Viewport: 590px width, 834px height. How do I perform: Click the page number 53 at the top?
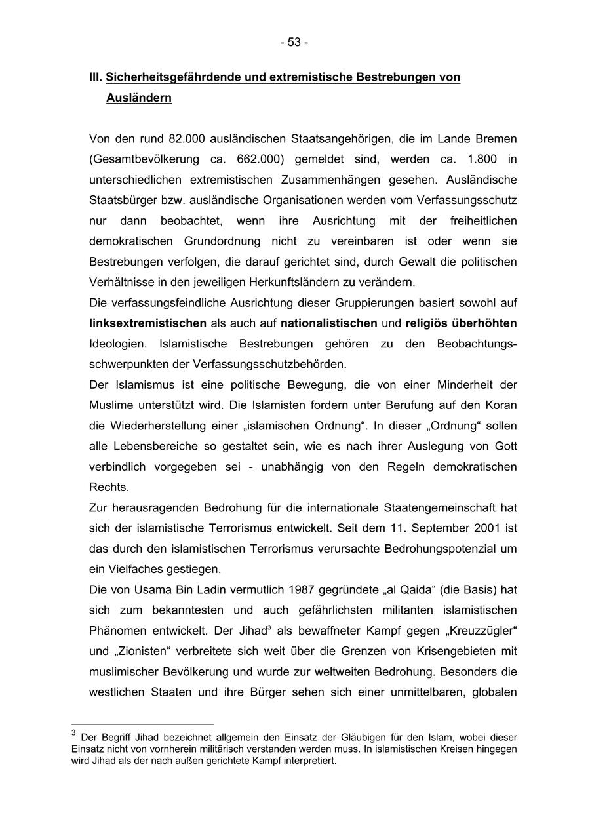[x=294, y=42]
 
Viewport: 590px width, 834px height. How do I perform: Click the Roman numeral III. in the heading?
[x=96, y=77]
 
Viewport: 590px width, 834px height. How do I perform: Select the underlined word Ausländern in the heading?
[x=139, y=98]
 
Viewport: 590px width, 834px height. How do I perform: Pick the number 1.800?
[x=482, y=159]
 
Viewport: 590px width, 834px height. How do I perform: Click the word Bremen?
[x=496, y=139]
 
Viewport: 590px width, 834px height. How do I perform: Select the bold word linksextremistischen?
[x=148, y=323]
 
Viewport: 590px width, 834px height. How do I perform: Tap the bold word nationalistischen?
[x=329, y=323]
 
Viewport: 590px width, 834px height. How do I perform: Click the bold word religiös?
[x=426, y=323]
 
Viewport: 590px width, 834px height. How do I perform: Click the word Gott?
[x=505, y=447]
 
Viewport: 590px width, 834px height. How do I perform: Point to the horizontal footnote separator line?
[x=142, y=725]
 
